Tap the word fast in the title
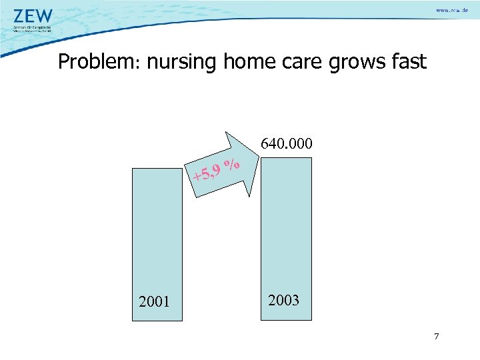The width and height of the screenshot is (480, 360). point(409,63)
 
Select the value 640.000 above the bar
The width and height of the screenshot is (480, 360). point(287,144)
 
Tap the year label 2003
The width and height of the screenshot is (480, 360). point(283,300)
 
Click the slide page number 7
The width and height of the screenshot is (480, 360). point(437,336)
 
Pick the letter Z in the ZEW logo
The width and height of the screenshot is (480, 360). point(20,16)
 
